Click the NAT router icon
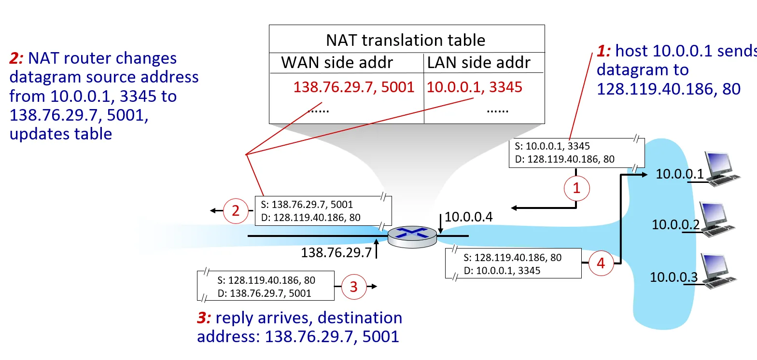[412, 236]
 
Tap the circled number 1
[576, 189]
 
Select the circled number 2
[236, 211]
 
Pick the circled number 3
[354, 287]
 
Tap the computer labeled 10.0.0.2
[719, 220]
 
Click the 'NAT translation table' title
[406, 40]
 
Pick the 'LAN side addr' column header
[479, 62]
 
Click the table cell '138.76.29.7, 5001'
[354, 87]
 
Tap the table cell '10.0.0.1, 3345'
[474, 87]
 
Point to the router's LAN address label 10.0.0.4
[468, 217]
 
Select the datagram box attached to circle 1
[576, 152]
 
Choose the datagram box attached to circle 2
[322, 210]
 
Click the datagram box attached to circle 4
[512, 264]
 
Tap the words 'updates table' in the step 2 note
[61, 133]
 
